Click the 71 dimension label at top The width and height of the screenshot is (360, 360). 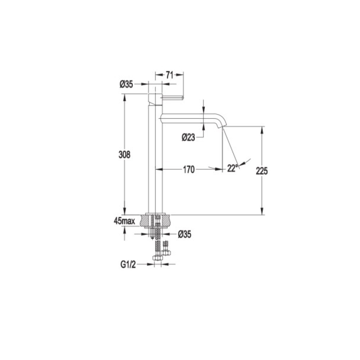point(170,75)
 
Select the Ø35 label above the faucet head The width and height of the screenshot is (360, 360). point(126,84)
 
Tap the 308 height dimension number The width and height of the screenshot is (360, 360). point(125,155)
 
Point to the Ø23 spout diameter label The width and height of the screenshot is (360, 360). point(188,138)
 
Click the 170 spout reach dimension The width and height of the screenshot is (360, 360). point(189,170)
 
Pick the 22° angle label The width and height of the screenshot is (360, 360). point(232,168)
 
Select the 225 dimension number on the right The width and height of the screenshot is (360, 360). point(262,171)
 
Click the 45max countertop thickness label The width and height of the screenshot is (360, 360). point(124,221)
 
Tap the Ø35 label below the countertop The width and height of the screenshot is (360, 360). point(185,234)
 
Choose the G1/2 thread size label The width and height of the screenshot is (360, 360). point(128,265)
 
